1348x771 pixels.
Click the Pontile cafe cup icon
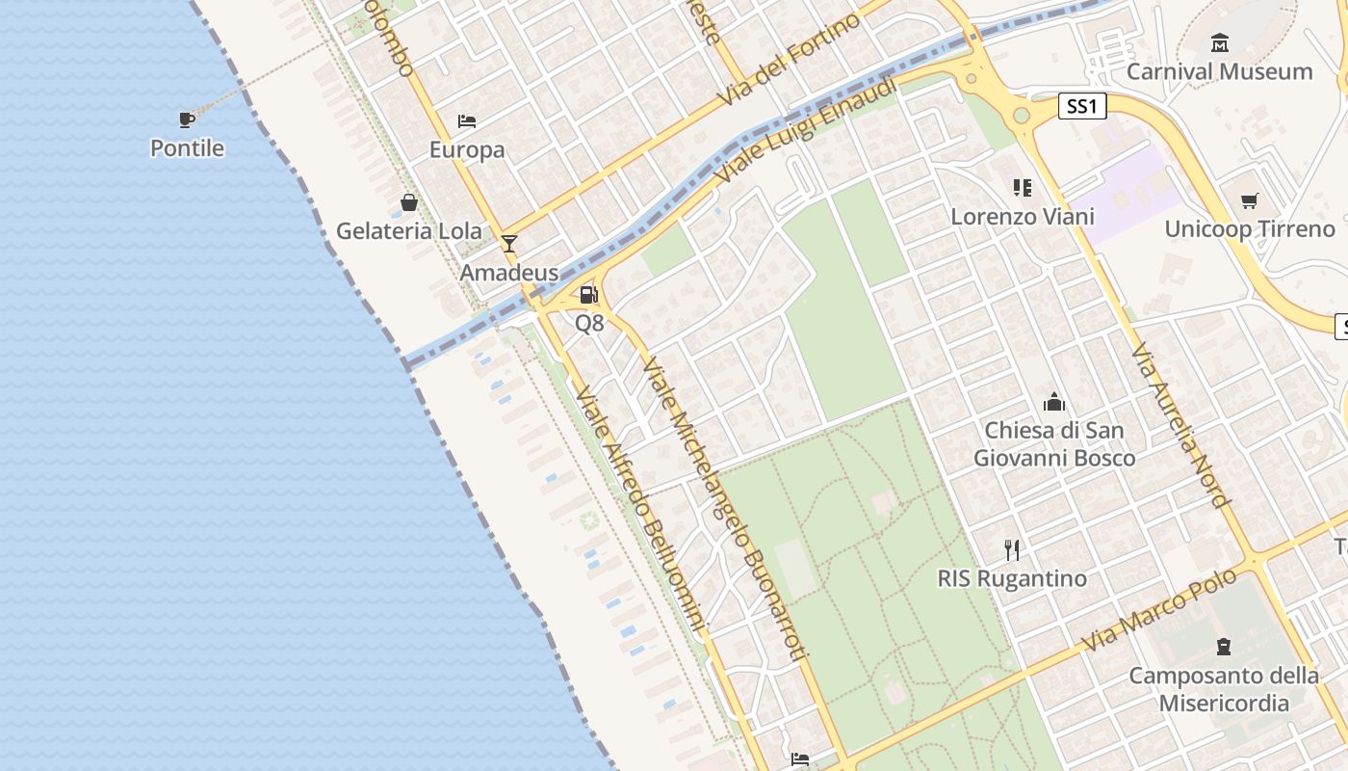click(x=187, y=120)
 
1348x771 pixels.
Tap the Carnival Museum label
click(x=1219, y=71)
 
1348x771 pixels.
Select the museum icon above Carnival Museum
click(x=1220, y=43)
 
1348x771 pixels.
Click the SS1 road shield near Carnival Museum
click(x=1081, y=106)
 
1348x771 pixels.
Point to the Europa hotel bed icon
click(x=467, y=121)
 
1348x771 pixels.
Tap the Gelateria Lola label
click(x=408, y=231)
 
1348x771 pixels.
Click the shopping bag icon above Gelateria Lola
click(x=409, y=202)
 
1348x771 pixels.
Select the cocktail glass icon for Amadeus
click(x=509, y=244)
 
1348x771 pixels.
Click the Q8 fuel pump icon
click(x=588, y=295)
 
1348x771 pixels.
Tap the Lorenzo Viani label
click(x=1023, y=216)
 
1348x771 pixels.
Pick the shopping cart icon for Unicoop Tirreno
click(x=1249, y=200)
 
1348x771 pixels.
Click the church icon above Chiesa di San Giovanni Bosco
click(x=1054, y=402)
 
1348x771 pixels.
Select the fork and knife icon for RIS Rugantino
click(x=1012, y=550)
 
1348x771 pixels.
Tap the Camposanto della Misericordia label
click(x=1223, y=689)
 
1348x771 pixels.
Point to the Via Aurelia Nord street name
click(x=1181, y=425)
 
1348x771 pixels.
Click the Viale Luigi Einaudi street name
click(x=806, y=132)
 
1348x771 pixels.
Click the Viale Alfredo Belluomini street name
click(x=642, y=511)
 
